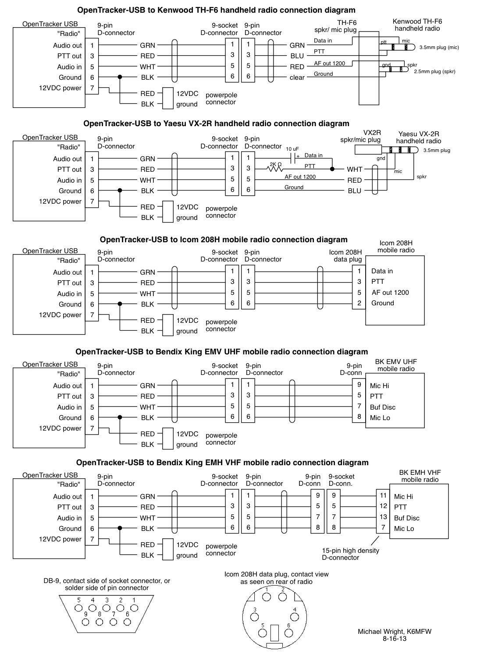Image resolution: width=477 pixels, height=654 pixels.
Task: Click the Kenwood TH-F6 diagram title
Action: (x=216, y=10)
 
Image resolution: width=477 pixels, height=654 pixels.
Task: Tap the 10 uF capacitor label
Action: (x=292, y=149)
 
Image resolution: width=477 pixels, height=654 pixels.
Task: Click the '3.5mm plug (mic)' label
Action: (x=439, y=47)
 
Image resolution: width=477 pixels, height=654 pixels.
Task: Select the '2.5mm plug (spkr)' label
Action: (x=434, y=71)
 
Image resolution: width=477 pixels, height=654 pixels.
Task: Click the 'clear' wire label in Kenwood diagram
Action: (x=297, y=78)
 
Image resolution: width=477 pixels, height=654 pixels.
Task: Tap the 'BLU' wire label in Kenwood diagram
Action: (x=297, y=56)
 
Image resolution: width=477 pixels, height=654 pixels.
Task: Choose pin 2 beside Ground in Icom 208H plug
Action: (x=359, y=303)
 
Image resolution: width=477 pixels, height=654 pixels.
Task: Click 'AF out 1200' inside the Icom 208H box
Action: (x=390, y=293)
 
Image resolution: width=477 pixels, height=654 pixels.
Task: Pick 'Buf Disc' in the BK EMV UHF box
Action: (x=382, y=407)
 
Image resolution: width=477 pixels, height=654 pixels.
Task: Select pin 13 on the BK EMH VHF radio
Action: (x=383, y=517)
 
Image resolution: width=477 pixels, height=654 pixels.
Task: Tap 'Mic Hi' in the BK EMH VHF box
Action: (x=403, y=497)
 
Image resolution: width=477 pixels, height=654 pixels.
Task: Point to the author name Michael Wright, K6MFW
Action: (x=394, y=632)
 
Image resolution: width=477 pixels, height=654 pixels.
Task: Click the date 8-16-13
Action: (x=394, y=639)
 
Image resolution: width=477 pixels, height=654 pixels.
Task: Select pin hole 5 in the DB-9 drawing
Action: (x=79, y=608)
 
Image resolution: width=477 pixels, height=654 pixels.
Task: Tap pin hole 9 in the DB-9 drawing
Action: (x=85, y=622)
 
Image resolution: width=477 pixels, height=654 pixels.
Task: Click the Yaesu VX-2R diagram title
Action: (x=216, y=124)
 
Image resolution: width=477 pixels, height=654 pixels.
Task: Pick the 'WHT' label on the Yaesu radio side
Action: (x=354, y=170)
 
